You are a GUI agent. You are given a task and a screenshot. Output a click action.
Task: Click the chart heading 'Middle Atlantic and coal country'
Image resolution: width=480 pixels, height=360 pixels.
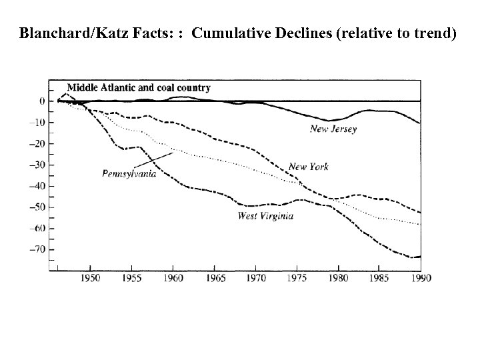click(x=139, y=87)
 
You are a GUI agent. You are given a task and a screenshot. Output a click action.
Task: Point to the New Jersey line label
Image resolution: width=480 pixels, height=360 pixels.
click(x=333, y=129)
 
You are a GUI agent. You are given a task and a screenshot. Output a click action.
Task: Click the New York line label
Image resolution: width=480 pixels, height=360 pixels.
click(x=308, y=167)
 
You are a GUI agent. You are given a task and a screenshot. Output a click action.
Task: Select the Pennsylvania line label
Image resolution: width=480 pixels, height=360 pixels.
click(x=129, y=173)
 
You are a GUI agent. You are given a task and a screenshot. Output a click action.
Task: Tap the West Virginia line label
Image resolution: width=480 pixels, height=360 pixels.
click(x=265, y=215)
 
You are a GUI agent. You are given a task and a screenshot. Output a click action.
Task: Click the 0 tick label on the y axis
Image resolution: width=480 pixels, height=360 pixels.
click(x=41, y=101)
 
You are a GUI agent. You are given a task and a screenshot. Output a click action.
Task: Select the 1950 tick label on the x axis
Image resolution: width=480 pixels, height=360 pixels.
click(x=90, y=277)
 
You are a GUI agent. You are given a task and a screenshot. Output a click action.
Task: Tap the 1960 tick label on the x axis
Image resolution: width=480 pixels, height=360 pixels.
click(x=173, y=277)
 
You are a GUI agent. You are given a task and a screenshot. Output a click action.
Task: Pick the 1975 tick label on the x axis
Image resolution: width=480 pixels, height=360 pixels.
click(x=297, y=277)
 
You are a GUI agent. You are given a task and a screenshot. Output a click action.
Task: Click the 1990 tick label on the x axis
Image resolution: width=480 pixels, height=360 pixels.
click(x=420, y=277)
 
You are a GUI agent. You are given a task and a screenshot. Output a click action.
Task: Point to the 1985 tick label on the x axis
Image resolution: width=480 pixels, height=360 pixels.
click(x=379, y=277)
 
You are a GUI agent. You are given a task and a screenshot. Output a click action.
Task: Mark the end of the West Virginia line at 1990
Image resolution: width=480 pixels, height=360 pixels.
click(x=419, y=257)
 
